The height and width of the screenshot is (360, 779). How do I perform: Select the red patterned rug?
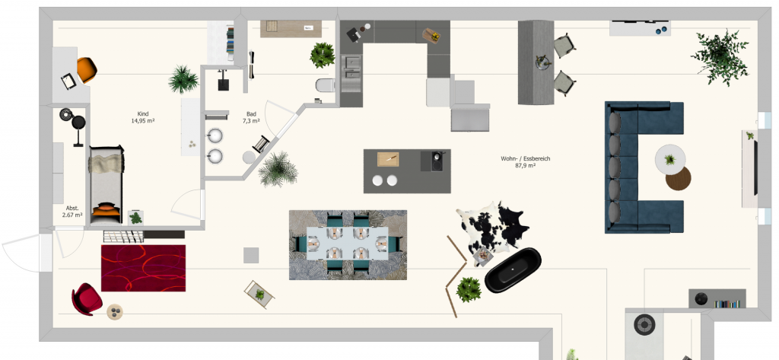(x=143, y=267)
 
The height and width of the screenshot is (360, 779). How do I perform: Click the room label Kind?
(x=141, y=113)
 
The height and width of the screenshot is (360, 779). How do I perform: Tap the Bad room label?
(x=250, y=113)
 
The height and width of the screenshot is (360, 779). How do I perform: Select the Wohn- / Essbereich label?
(x=525, y=158)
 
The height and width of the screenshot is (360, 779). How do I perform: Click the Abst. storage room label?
(x=72, y=208)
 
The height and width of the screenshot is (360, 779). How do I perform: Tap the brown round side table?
(x=679, y=179)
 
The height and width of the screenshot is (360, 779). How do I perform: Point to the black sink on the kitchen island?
(x=436, y=161)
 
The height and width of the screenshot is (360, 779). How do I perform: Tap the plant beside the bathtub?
(x=469, y=288)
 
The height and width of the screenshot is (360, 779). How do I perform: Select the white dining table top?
(x=348, y=244)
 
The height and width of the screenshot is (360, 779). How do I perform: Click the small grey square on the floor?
(x=251, y=255)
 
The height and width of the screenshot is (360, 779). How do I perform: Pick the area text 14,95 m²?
(x=141, y=120)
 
